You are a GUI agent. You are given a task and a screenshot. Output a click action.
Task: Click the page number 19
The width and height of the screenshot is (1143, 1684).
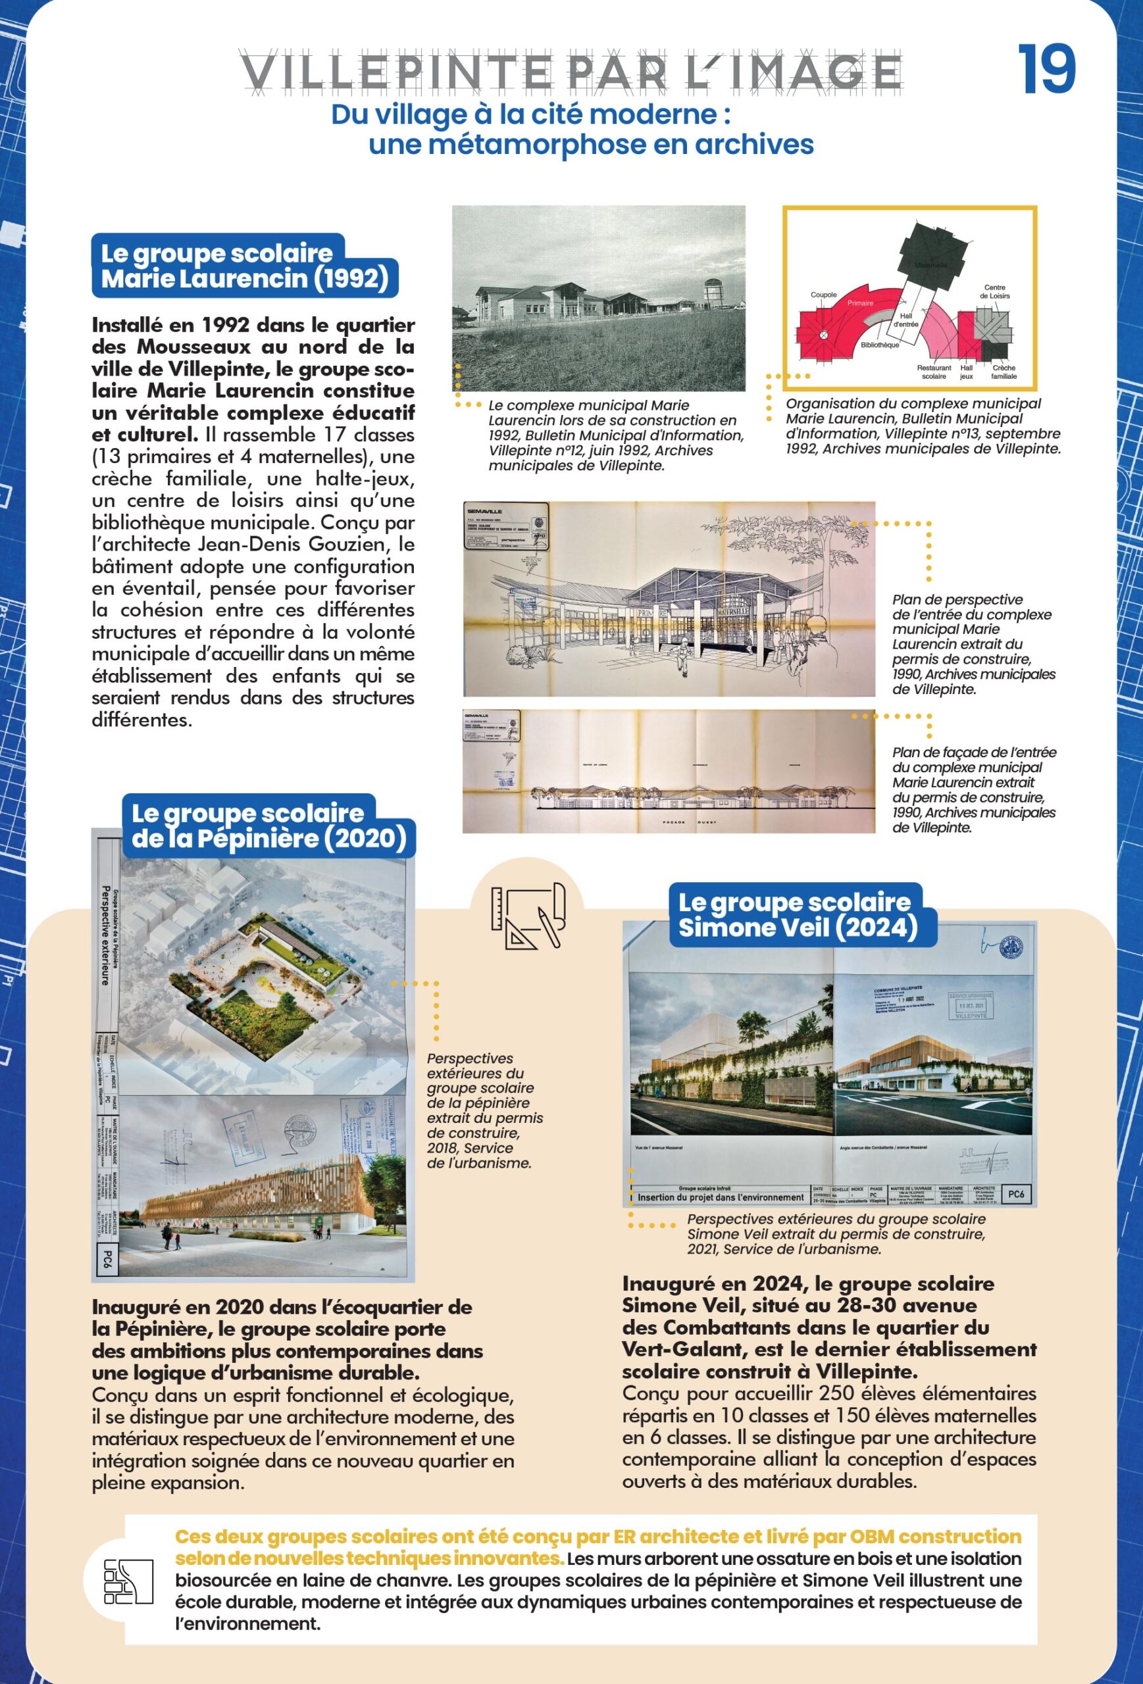coord(1047,70)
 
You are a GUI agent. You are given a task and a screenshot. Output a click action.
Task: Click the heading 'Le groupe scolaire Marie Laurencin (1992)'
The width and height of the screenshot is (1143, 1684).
coord(244,265)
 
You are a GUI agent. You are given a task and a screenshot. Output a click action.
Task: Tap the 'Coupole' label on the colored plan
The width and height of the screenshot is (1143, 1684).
coord(823,295)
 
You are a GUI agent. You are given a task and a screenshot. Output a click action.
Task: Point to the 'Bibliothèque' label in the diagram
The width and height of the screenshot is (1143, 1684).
coord(880,345)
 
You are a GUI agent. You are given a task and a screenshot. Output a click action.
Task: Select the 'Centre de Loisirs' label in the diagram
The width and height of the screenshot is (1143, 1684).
coord(994,291)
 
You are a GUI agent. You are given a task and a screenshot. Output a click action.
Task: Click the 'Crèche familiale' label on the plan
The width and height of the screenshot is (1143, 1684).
coord(1005,372)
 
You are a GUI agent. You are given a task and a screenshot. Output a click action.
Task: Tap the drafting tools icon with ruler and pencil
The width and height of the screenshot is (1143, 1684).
coord(527,916)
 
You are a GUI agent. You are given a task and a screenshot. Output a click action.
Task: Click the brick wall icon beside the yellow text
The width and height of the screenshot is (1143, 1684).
coord(129,1580)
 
